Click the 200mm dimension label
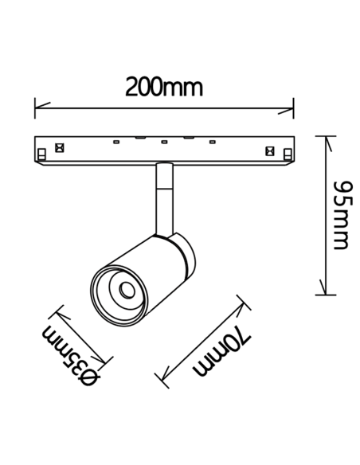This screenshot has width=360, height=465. (x=164, y=87)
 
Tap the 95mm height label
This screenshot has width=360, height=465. (x=343, y=215)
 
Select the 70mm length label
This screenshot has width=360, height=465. (x=222, y=351)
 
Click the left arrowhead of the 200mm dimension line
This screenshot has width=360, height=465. (x=42, y=107)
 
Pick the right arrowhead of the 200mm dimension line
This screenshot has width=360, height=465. (x=286, y=111)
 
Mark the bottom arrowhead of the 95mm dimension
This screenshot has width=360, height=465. (x=323, y=287)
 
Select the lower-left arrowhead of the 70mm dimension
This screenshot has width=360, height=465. (x=162, y=374)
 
